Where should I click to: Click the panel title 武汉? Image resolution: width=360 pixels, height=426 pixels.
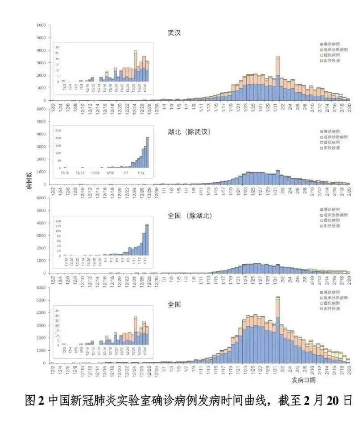pyautogui.click(x=174, y=33)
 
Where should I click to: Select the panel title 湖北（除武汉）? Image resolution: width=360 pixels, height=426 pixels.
pyautogui.click(x=189, y=132)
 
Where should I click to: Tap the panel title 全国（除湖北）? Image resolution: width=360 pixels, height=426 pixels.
pyautogui.click(x=189, y=216)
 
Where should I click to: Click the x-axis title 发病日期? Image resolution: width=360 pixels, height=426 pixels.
pyautogui.click(x=304, y=380)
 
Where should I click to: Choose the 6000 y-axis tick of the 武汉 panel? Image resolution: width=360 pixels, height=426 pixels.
pyautogui.click(x=41, y=25)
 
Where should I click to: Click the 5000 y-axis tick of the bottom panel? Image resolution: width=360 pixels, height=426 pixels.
pyautogui.click(x=41, y=300)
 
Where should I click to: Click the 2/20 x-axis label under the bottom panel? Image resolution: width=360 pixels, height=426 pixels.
pyautogui.click(x=348, y=370)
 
